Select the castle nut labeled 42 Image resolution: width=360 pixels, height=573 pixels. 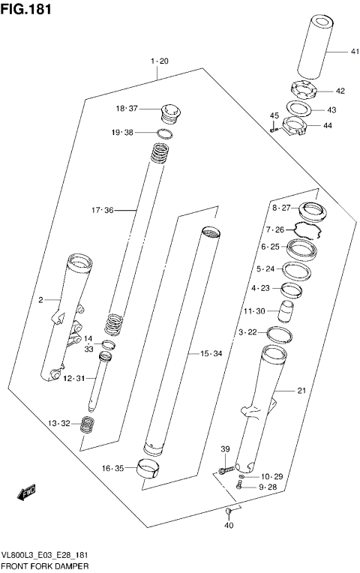(x=304, y=90)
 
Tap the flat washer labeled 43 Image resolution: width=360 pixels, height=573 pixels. (x=304, y=108)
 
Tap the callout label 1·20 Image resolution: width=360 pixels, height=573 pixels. (x=159, y=61)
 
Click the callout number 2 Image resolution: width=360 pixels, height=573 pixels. (x=40, y=301)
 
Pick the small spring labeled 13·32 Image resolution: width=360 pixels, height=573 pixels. (x=88, y=425)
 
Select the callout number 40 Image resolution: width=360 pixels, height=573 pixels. (x=229, y=525)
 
